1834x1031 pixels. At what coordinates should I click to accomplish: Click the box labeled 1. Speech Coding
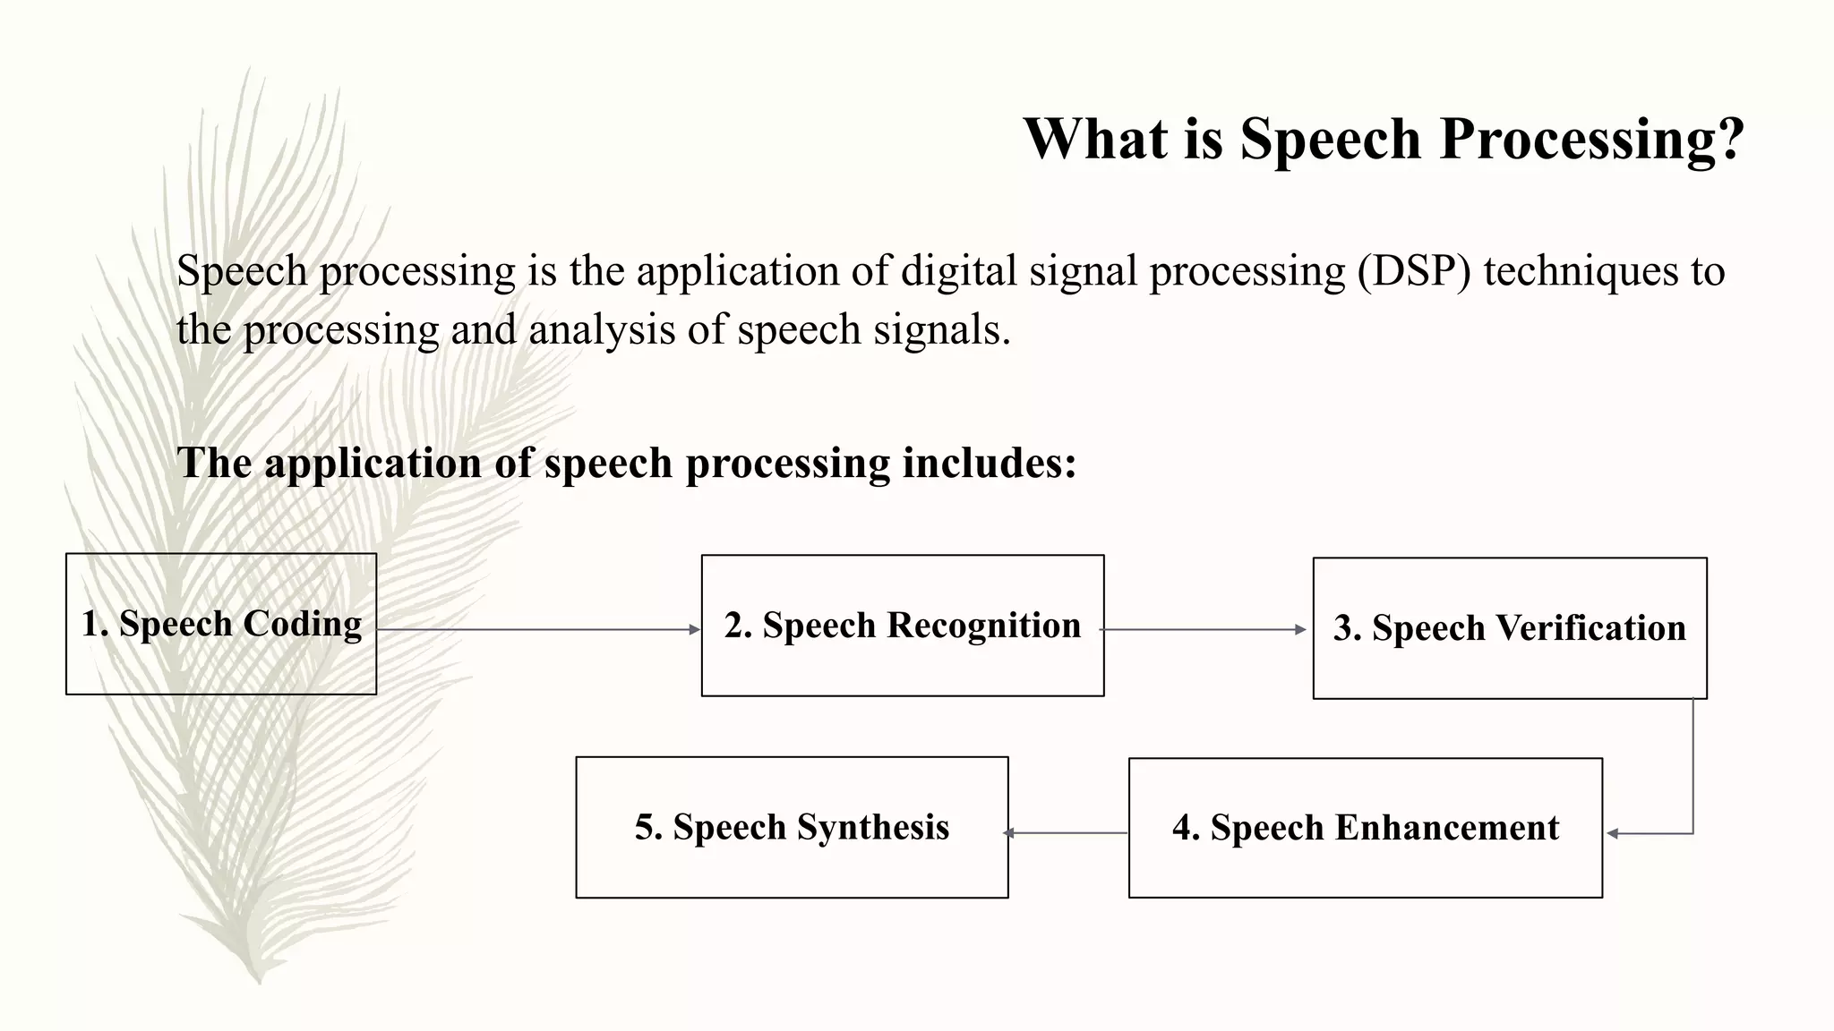pos(221,624)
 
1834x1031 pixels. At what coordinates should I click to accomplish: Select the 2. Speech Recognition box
pos(903,626)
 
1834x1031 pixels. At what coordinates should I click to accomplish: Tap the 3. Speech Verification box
pos(1509,628)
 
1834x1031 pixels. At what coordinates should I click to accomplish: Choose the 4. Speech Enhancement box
pos(1365,828)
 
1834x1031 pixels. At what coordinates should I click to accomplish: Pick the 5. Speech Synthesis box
pos(792,827)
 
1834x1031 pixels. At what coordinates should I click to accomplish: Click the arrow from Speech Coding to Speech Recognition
pos(537,630)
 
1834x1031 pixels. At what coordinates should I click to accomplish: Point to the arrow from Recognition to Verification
pos(1204,630)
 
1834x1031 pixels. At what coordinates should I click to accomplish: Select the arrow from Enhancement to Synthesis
pos(1066,833)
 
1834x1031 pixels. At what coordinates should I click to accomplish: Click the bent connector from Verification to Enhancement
pos(1693,770)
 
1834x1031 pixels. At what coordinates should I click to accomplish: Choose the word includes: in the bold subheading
pos(989,463)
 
